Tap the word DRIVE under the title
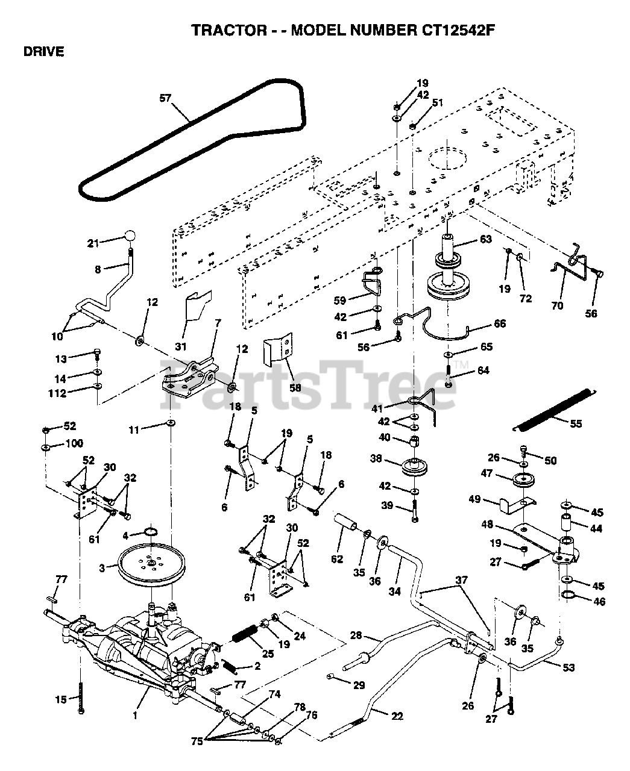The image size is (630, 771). click(x=44, y=52)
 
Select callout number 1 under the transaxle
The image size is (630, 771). click(x=136, y=716)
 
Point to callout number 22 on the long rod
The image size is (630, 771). click(x=396, y=716)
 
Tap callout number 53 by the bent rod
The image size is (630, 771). click(x=569, y=667)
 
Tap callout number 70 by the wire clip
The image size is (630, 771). click(x=557, y=305)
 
